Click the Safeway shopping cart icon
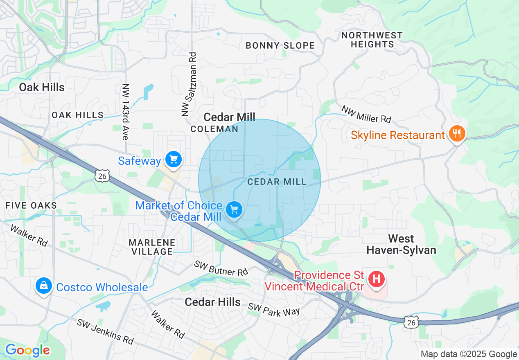174,159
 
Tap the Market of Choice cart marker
234,210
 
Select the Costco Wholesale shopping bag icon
43,286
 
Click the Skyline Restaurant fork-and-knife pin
456,134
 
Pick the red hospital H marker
376,280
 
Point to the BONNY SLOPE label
280,45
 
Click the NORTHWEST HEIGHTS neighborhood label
372,40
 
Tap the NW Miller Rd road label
366,114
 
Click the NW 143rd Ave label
125,112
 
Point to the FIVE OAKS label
31,205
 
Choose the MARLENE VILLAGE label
152,247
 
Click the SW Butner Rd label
221,268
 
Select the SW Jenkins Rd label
105,331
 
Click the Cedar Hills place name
212,302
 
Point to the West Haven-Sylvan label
401,244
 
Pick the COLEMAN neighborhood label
214,129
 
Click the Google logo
27,351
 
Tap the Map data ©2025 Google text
469,354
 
